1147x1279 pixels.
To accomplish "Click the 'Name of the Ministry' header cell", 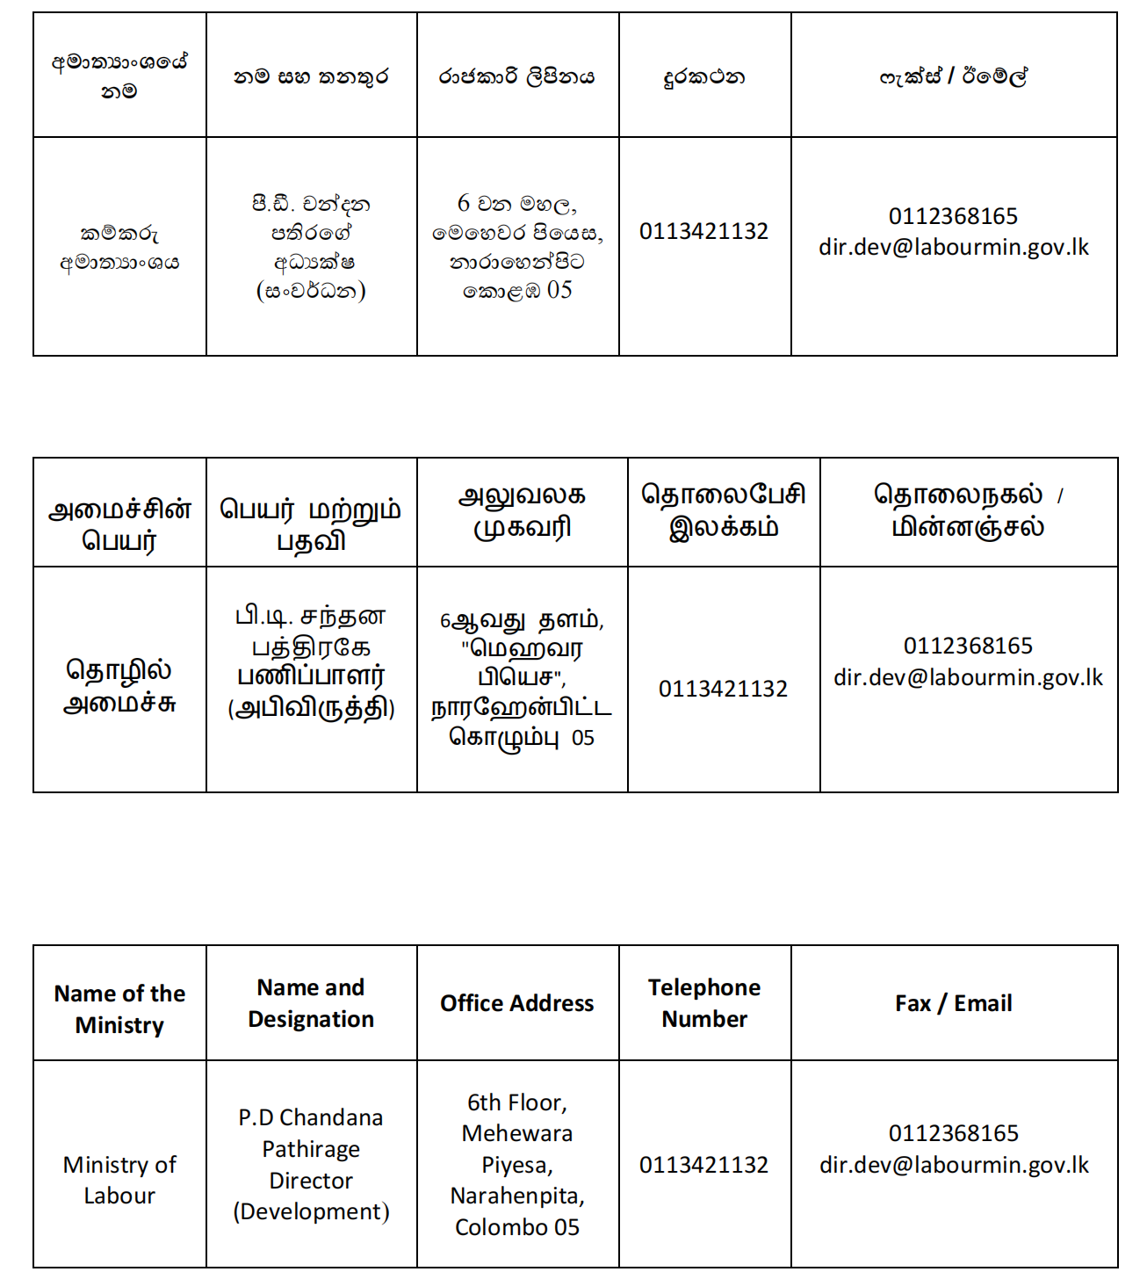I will [119, 1008].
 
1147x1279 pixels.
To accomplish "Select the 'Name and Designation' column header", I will [311, 1003].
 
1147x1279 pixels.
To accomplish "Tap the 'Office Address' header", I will [516, 1003].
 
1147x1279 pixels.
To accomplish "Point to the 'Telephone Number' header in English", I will [704, 1003].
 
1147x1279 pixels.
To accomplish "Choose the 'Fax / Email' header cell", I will [953, 1003].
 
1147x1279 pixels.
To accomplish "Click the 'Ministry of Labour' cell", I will [119, 1180].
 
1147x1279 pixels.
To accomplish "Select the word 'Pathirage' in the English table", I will [311, 1149].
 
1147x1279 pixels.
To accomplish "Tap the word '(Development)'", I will [311, 1211].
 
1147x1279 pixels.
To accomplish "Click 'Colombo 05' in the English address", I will [516, 1227].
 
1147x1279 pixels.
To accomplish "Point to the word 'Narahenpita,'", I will [516, 1196].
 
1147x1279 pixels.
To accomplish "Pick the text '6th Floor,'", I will [516, 1102].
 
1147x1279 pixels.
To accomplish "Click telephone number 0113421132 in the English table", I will [703, 1165].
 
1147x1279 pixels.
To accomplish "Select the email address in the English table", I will [954, 1166].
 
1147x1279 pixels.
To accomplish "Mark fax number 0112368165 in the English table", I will [953, 1133].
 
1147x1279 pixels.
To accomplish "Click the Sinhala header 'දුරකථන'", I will [704, 77].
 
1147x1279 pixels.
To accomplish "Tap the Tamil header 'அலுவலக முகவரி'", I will [522, 511].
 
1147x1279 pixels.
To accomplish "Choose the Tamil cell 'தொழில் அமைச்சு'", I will [119, 686].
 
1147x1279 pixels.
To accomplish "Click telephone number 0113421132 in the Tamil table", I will [723, 689].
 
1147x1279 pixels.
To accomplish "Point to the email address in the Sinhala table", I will [953, 248].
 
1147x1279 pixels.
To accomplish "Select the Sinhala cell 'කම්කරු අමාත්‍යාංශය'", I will [119, 248].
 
